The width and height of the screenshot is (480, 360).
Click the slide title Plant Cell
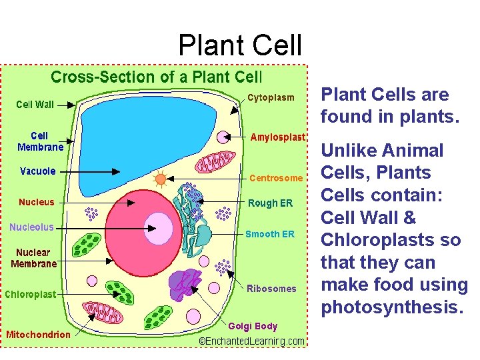[x=240, y=45]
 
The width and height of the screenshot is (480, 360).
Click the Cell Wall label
[x=35, y=104]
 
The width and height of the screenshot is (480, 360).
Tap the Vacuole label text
[x=38, y=171]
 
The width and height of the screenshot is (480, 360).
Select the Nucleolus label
[x=31, y=227]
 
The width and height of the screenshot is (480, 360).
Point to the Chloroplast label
[x=31, y=294]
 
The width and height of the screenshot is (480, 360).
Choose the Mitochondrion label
[x=38, y=334]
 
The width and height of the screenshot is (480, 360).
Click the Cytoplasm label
[x=271, y=98]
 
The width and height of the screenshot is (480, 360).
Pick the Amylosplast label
[x=277, y=137]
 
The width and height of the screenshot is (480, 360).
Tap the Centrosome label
[x=276, y=178]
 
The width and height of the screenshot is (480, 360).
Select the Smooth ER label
[x=269, y=234]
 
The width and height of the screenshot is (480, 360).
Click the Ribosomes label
[x=271, y=289]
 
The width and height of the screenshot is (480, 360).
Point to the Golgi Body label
[x=253, y=326]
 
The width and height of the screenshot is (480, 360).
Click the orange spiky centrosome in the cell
[x=160, y=179]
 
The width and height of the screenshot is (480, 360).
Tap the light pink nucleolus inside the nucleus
[x=157, y=228]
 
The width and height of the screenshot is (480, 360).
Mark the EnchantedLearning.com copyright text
[x=253, y=341]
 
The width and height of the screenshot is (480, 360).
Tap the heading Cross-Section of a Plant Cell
[x=157, y=77]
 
